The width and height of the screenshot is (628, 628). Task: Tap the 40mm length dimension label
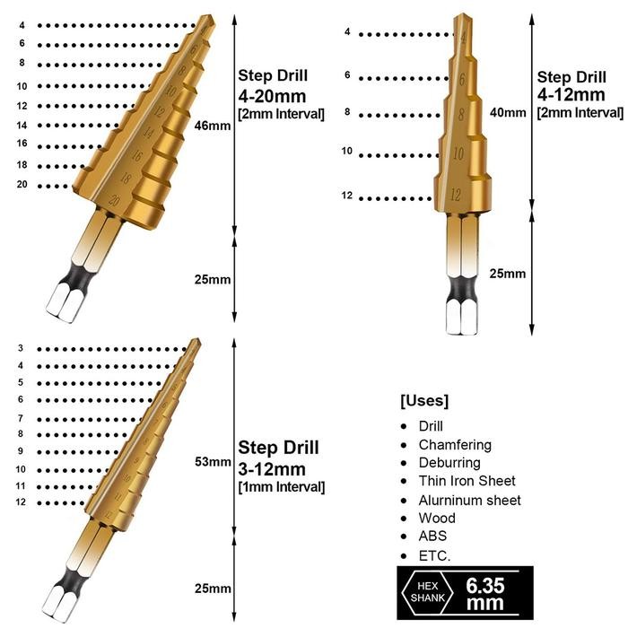pyautogui.click(x=508, y=113)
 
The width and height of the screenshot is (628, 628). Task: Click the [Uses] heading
pyautogui.click(x=424, y=400)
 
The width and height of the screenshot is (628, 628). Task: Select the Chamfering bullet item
pyautogui.click(x=455, y=445)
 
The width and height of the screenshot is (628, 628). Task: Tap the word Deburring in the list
pyautogui.click(x=449, y=463)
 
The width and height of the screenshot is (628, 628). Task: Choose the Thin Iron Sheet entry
pyautogui.click(x=467, y=482)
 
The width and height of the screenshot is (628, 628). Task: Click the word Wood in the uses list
pyautogui.click(x=437, y=519)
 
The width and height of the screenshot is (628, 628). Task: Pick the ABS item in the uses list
pyautogui.click(x=432, y=536)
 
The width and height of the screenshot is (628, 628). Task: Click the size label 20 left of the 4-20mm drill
pyautogui.click(x=22, y=185)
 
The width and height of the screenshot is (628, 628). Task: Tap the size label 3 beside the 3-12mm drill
pyautogui.click(x=20, y=348)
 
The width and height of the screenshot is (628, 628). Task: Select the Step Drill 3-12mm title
pyautogui.click(x=278, y=458)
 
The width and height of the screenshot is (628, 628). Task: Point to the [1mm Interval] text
pyautogui.click(x=281, y=487)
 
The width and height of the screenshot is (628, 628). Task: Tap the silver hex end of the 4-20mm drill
pyautogui.click(x=63, y=301)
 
